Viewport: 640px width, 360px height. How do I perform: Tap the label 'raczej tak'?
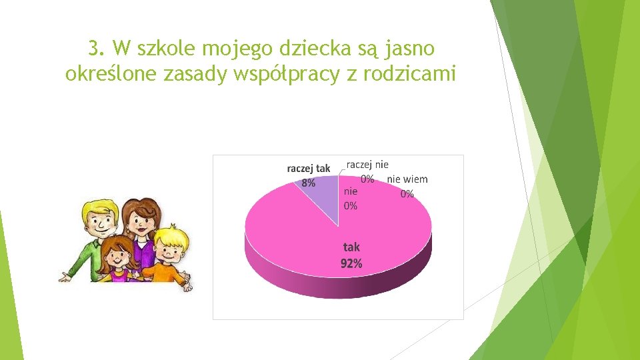point(308,169)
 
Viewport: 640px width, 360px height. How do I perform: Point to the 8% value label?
point(308,183)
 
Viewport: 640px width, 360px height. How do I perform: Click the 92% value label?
point(351,263)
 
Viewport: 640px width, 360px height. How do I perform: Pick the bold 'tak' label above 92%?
point(351,247)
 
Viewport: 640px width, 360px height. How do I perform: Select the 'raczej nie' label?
point(367,164)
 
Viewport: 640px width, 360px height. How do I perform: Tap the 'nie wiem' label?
point(407,179)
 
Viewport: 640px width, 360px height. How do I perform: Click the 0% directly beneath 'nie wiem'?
point(407,193)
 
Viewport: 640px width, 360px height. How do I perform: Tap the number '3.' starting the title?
point(97,48)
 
